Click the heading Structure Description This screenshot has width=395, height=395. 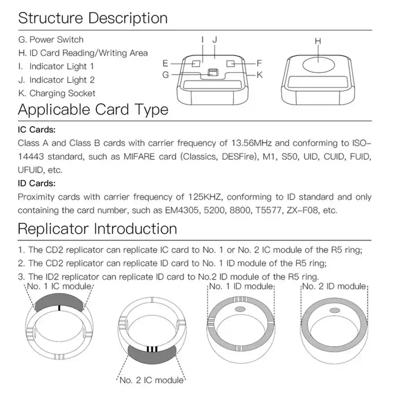click(93, 18)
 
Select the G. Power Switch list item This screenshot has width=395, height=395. click(50, 39)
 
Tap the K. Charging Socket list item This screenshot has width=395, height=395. click(56, 93)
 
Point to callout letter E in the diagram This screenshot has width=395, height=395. click(166, 63)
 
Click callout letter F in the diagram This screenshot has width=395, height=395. click(259, 63)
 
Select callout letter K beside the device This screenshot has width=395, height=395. click(259, 75)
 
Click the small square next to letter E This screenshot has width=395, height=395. click(196, 63)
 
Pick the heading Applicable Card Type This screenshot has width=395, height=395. click(93, 109)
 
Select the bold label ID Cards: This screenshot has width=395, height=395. click(37, 183)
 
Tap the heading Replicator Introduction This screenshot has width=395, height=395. click(97, 229)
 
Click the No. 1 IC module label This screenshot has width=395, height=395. click(59, 286)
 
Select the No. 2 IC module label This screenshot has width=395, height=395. click(152, 380)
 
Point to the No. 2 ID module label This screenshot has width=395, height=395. click(334, 286)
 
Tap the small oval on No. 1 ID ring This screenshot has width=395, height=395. click(241, 310)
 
